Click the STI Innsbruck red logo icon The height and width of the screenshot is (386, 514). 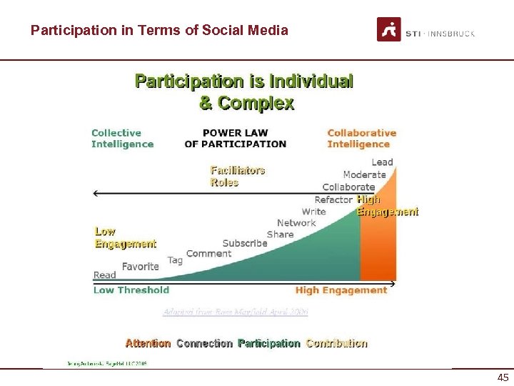(x=388, y=30)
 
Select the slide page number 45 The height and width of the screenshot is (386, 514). (x=503, y=377)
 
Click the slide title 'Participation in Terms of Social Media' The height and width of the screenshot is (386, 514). (x=159, y=30)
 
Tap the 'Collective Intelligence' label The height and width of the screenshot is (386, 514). (x=122, y=138)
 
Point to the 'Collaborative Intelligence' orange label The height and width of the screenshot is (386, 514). (x=361, y=138)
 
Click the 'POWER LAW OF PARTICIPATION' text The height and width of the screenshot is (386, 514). (x=235, y=138)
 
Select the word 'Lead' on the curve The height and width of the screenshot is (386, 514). (x=382, y=162)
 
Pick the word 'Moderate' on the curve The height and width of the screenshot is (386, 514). (x=364, y=174)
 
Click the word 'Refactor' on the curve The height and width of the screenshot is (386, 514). (x=333, y=199)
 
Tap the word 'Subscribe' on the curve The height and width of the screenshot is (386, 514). (x=244, y=243)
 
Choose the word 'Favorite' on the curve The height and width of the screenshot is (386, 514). (x=140, y=266)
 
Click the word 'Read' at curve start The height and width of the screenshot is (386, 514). (x=104, y=275)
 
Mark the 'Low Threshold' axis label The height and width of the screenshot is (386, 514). (x=131, y=290)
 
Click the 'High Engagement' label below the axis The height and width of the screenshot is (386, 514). (x=341, y=290)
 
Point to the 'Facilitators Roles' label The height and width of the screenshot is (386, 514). (x=238, y=176)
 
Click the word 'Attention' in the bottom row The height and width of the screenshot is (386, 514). (x=148, y=343)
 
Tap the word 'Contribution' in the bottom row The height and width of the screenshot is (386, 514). (x=336, y=343)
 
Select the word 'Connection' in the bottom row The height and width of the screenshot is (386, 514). (x=204, y=343)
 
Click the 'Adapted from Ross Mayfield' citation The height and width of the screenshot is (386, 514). (x=236, y=312)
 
